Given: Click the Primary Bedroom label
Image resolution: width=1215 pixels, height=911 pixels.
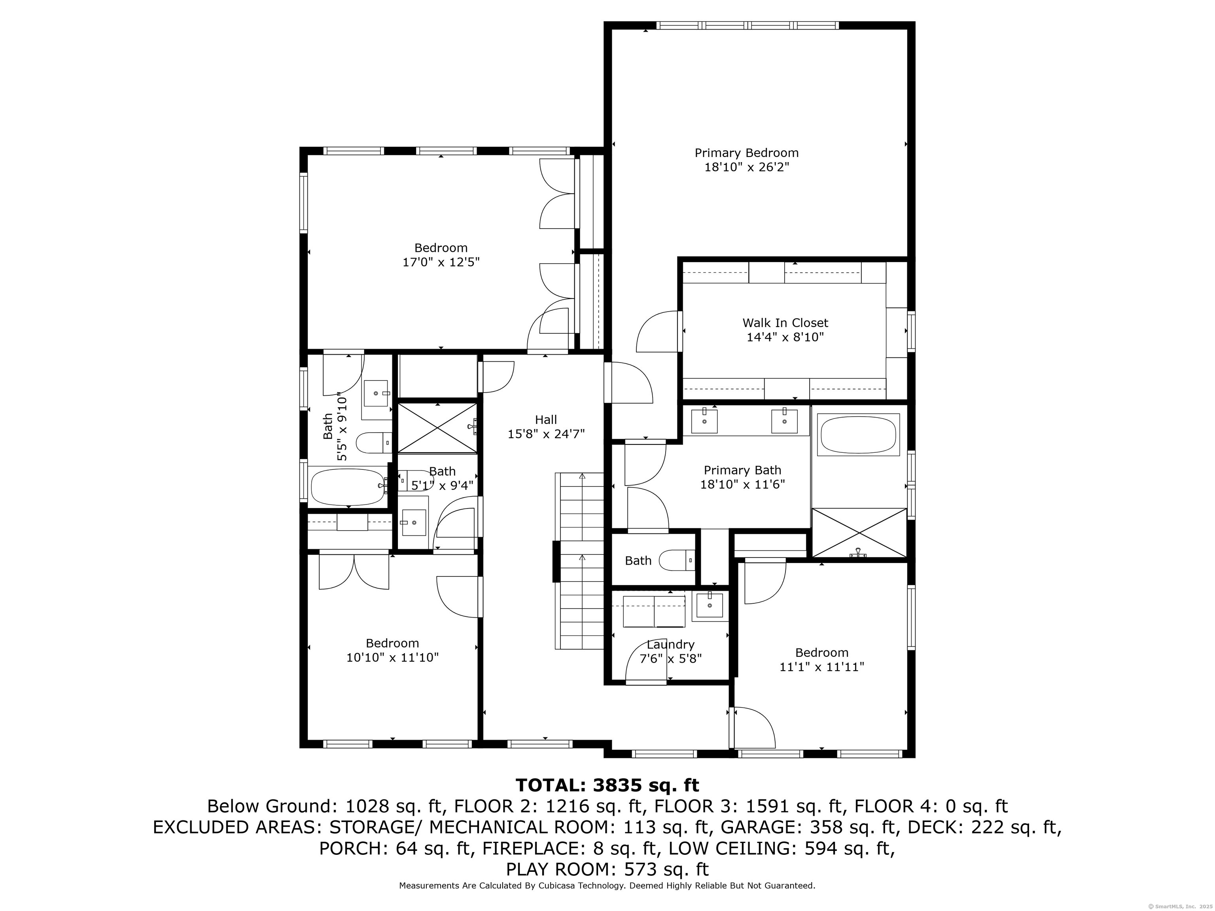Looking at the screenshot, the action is pyautogui.click(x=746, y=153).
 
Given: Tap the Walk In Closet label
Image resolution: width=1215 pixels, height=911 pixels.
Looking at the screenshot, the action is pyautogui.click(x=785, y=323).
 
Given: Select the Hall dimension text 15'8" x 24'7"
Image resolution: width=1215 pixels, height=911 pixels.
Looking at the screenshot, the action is pyautogui.click(x=546, y=434).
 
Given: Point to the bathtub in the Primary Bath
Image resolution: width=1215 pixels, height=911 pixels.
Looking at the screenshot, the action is pyautogui.click(x=858, y=435).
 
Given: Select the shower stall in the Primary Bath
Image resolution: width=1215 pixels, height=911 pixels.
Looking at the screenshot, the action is pyautogui.click(x=859, y=533).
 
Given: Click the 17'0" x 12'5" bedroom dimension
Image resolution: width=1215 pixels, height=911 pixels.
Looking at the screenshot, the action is pyautogui.click(x=441, y=263).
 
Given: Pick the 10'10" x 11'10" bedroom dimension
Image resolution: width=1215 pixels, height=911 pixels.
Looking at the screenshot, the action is pyautogui.click(x=392, y=657).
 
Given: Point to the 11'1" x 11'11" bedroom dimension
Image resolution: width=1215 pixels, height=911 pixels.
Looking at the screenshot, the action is pyautogui.click(x=822, y=667).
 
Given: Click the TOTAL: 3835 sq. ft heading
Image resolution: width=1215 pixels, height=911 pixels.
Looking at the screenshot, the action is pyautogui.click(x=607, y=785).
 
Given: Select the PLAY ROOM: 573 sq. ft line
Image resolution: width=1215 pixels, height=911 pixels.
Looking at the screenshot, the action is pyautogui.click(x=607, y=869).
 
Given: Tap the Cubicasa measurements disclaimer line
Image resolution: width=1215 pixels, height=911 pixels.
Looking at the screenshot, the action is pyautogui.click(x=607, y=886).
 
